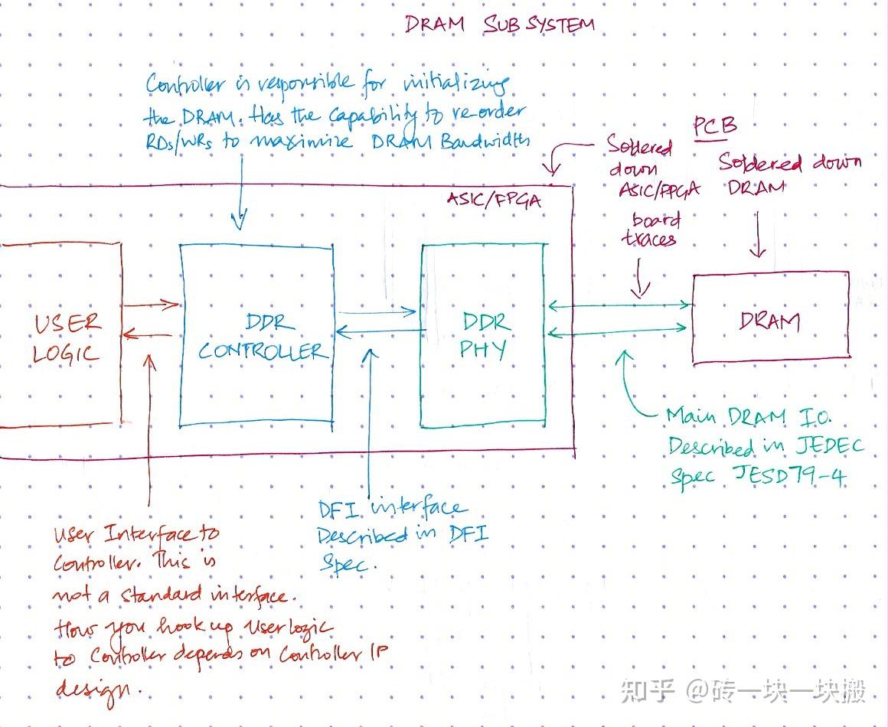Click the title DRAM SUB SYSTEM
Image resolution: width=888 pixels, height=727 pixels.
point(499,24)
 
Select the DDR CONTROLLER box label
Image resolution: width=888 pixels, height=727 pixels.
point(260,338)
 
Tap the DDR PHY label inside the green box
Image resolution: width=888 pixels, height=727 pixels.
point(485,337)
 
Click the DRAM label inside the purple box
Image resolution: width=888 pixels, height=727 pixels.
point(769,321)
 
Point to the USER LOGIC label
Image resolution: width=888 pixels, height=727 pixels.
point(67,337)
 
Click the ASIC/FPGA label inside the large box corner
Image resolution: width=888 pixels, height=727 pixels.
point(494,200)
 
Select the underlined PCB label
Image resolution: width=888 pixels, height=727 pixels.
point(714,127)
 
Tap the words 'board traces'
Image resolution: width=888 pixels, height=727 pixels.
point(650,230)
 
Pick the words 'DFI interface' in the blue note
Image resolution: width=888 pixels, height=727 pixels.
point(390,508)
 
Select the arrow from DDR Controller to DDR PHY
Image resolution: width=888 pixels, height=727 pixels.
point(376,311)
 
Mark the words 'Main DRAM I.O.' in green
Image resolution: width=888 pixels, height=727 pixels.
point(747,417)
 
